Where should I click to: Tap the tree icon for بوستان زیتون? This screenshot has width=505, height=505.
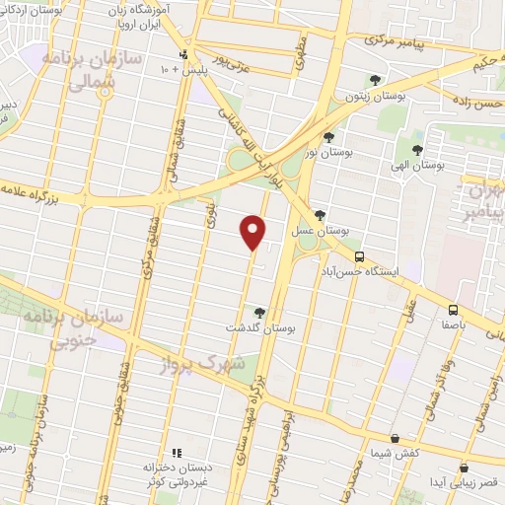click(373, 80)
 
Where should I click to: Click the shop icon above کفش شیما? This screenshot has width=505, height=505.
click(395, 437)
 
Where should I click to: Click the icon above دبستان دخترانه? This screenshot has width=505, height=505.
click(179, 453)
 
